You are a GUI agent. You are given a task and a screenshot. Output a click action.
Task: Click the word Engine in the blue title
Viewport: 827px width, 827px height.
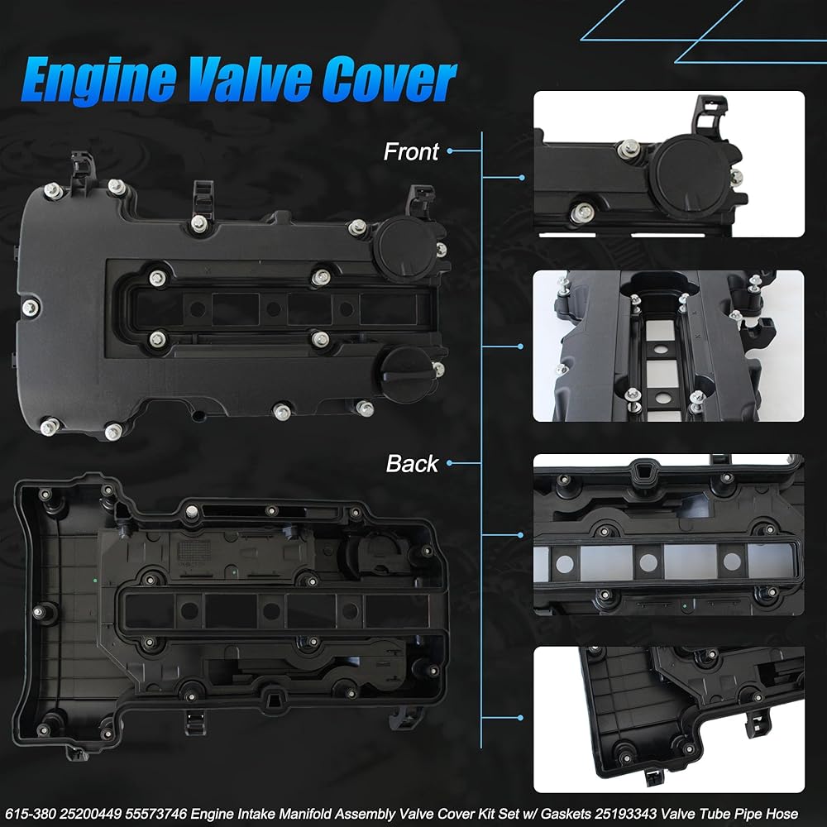(99, 79)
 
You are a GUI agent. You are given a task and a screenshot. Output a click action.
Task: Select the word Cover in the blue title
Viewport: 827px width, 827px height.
(390, 79)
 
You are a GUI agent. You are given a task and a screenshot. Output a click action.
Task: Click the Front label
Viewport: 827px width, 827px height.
(411, 152)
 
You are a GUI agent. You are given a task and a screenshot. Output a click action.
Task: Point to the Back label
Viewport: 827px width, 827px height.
(412, 464)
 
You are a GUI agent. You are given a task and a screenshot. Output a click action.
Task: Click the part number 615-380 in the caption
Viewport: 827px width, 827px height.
(31, 814)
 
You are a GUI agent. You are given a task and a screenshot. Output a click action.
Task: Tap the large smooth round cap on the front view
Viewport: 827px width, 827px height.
(404, 248)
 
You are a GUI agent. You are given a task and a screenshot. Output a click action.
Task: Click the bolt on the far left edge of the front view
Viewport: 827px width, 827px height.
(30, 307)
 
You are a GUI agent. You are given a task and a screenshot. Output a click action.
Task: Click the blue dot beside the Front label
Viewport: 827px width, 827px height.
(449, 151)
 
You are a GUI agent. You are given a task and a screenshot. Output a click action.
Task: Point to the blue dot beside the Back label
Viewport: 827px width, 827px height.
(449, 463)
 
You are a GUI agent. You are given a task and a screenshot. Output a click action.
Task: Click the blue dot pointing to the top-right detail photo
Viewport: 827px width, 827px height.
(522, 178)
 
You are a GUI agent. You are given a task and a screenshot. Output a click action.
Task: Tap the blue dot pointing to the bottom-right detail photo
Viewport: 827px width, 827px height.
(520, 718)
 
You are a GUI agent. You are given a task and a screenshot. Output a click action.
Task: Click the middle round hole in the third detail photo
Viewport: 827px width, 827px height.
(648, 562)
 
